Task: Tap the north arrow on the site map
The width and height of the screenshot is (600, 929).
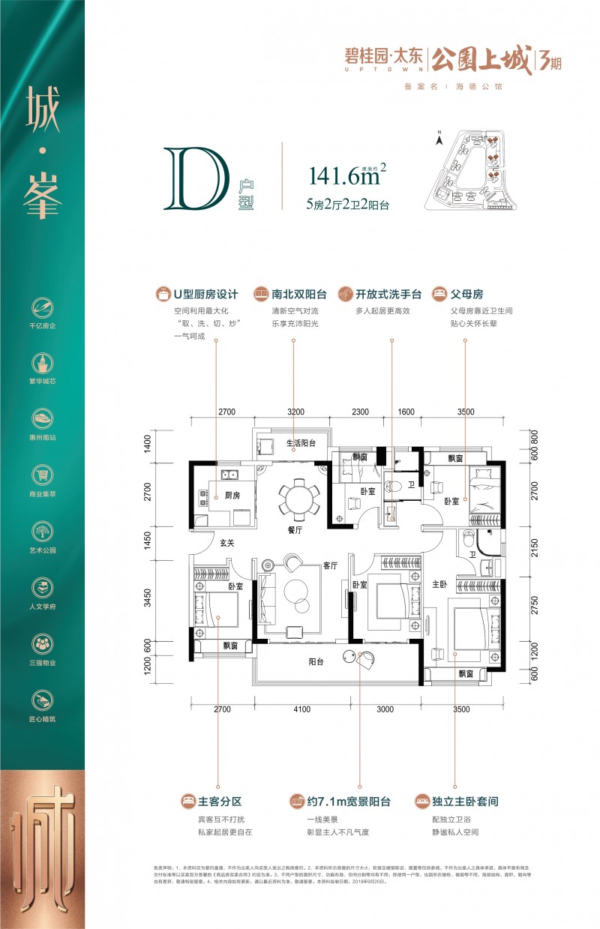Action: click(441, 136)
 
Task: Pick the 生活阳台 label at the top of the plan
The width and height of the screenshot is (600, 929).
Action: click(301, 443)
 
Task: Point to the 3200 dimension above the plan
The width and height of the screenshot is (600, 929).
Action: click(295, 412)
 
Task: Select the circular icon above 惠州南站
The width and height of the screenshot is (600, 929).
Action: click(42, 418)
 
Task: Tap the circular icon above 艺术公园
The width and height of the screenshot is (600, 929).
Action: click(42, 531)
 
